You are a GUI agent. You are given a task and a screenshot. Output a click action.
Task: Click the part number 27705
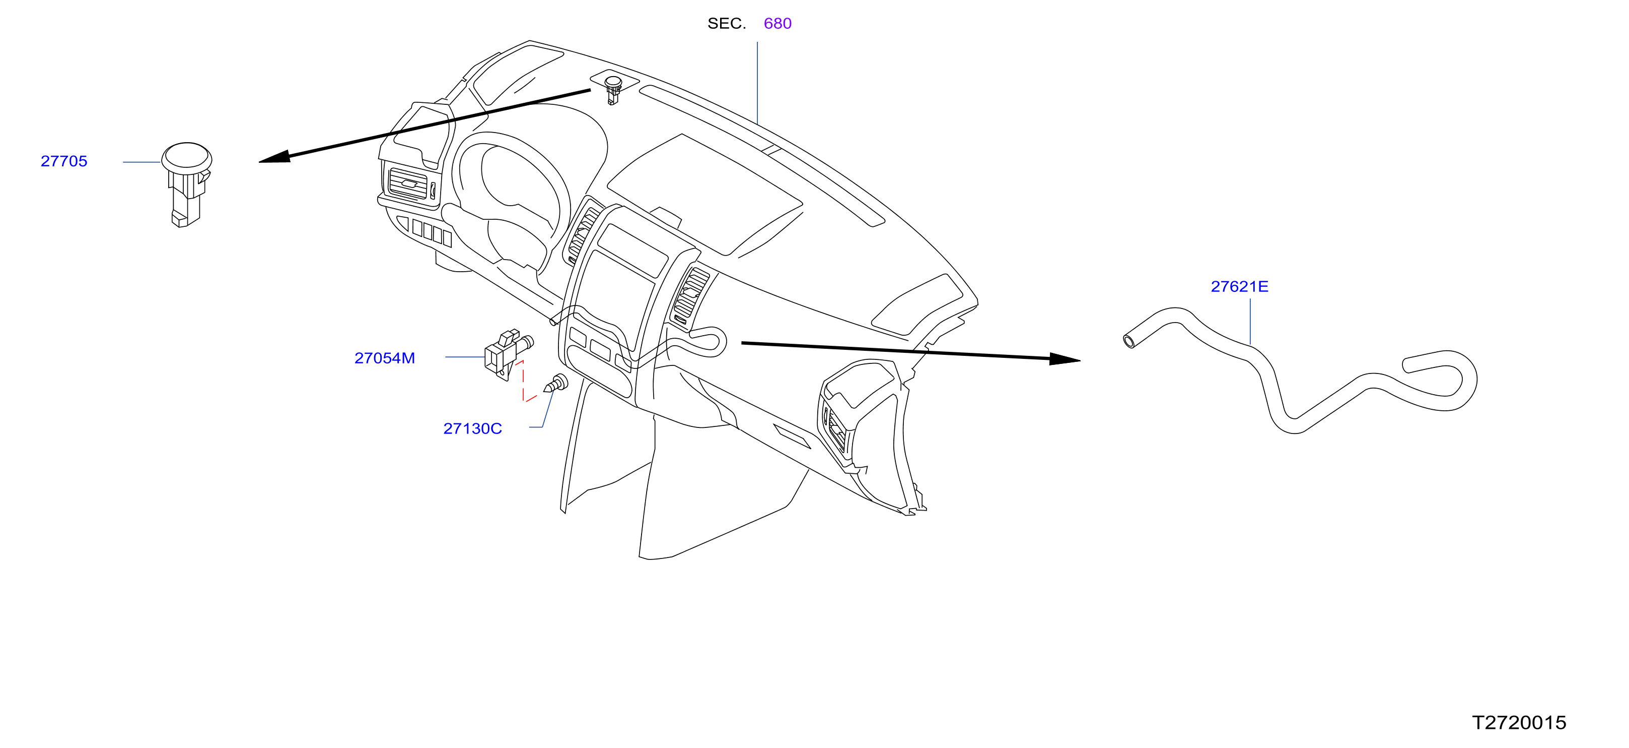coord(64,161)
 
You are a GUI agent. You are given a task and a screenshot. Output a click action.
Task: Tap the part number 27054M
coord(385,358)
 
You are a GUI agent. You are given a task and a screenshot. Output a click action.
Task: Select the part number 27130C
coord(472,429)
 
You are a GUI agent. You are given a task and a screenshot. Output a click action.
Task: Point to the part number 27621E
coord(1239,287)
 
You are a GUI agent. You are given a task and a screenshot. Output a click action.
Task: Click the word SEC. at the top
coord(727,23)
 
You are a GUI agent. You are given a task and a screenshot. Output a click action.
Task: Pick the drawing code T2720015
coord(1519,723)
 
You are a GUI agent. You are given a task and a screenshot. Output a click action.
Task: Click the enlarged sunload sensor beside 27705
coord(186,184)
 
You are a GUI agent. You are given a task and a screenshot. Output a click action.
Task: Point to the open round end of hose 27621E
coord(1129,342)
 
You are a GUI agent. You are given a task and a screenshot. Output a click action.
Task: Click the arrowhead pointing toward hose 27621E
coord(1065,359)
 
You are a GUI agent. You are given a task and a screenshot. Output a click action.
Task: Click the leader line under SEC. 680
coord(757,83)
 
